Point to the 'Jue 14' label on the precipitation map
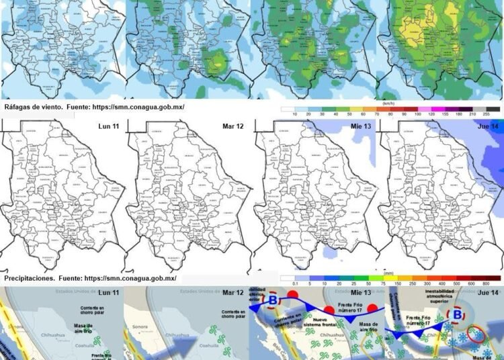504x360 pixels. tap(488, 126)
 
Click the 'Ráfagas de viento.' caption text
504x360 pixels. tap(36, 107)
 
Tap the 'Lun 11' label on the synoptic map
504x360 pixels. tap(108, 294)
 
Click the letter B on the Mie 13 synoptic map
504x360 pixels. tap(272, 300)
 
